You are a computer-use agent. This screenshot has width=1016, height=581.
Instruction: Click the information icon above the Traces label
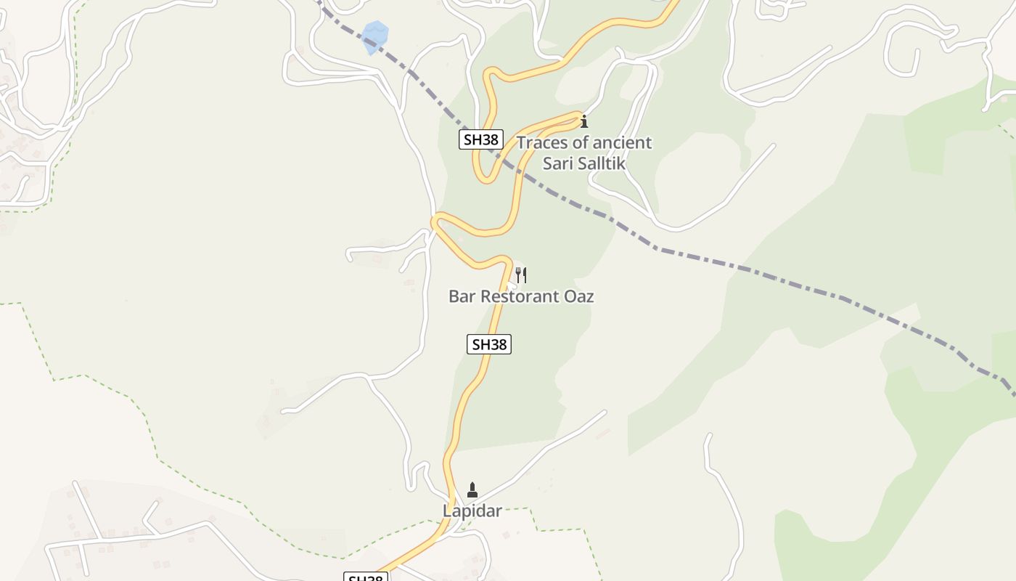coord(584,121)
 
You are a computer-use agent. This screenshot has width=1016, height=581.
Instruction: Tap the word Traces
coord(542,142)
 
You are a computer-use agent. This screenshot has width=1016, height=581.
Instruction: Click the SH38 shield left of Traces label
coord(481,139)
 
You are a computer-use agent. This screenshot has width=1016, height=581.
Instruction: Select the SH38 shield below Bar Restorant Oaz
coord(489,344)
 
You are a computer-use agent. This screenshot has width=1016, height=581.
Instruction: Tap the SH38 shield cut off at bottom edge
coord(366,577)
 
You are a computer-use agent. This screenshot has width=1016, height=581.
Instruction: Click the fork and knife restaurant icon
coord(521,275)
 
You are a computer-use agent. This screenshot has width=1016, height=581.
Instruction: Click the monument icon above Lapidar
coord(472,490)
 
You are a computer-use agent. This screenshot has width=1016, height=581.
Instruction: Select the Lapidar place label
coord(472,511)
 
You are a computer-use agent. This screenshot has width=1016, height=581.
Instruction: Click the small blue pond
coord(375,36)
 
